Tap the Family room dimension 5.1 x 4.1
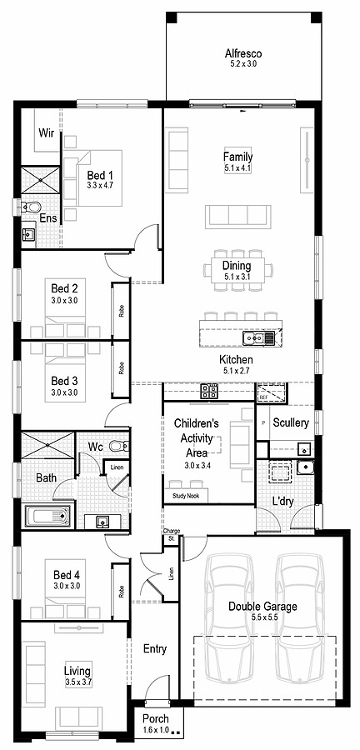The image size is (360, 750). pyautogui.click(x=237, y=168)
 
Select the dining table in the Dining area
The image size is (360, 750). pyautogui.click(x=237, y=271)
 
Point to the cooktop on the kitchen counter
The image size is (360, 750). pyautogui.click(x=209, y=389)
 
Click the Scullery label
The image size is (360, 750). pyautogui.click(x=291, y=422)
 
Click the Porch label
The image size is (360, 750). pyautogui.click(x=156, y=719)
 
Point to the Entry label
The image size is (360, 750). pyautogui.click(x=155, y=648)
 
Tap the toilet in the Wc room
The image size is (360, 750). pyautogui.click(x=117, y=447)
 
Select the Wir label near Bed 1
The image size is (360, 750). pyautogui.click(x=47, y=132)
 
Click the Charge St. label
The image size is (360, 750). pyautogui.click(x=172, y=534)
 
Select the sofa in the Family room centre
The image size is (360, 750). pyautogui.click(x=238, y=216)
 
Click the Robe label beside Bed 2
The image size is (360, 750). pyautogui.click(x=121, y=311)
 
